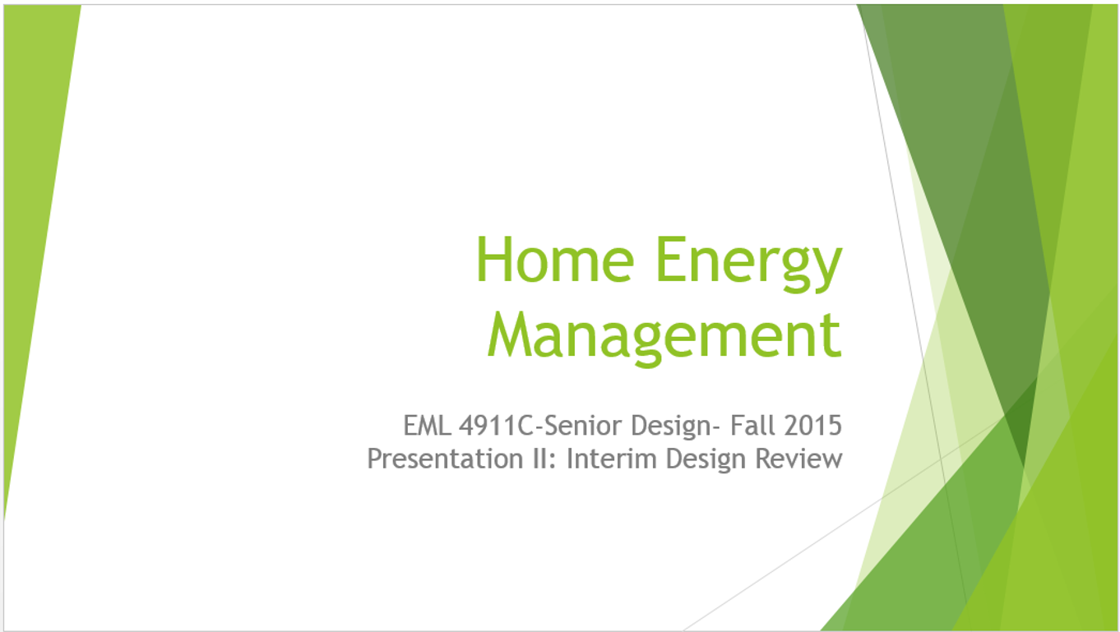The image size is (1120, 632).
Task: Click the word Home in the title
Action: pyautogui.click(x=556, y=260)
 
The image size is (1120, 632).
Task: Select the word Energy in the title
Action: pyautogui.click(x=749, y=265)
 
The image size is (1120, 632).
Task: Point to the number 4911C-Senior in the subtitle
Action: pyautogui.click(x=542, y=426)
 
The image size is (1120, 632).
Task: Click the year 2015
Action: pyautogui.click(x=813, y=426)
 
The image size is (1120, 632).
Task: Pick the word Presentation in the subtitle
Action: pyautogui.click(x=445, y=459)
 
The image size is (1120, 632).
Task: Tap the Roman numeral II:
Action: pyautogui.click(x=544, y=459)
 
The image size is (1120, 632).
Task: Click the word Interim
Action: pyautogui.click(x=612, y=459)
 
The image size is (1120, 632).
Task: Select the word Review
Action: pyautogui.click(x=799, y=459)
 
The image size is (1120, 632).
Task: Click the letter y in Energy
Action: pyautogui.click(x=826, y=270)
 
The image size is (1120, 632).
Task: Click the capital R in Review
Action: pyautogui.click(x=764, y=459)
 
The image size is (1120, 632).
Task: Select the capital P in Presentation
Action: pyautogui.click(x=375, y=459)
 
